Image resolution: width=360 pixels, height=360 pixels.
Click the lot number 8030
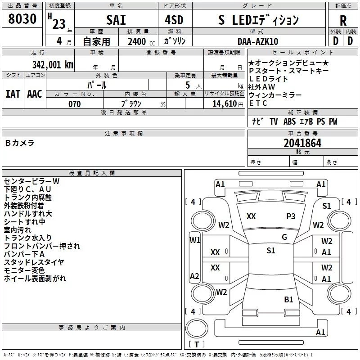pyautogui.click(x=22, y=19)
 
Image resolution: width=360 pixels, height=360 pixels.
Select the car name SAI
pyautogui.click(x=116, y=20)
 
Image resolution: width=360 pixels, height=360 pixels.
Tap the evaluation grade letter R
pyautogui.click(x=343, y=20)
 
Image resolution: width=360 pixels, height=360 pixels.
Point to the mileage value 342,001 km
pyautogui.click(x=53, y=64)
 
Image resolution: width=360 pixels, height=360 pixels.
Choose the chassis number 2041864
pyautogui.click(x=302, y=143)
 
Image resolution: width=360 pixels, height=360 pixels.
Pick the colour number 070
pyautogui.click(x=74, y=104)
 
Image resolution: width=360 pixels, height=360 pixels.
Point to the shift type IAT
pyautogui.click(x=13, y=94)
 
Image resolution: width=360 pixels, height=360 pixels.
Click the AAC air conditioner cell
pyautogui.click(x=34, y=94)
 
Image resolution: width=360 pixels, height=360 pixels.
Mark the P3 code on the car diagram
pyautogui.click(x=291, y=216)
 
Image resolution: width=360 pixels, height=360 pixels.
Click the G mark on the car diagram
pyautogui.click(x=284, y=237)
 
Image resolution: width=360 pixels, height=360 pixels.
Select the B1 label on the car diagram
pyautogui.click(x=288, y=299)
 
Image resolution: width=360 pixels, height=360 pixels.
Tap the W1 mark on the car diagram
pyautogui.click(x=194, y=240)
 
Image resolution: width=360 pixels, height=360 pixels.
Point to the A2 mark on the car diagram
pyautogui.click(x=194, y=276)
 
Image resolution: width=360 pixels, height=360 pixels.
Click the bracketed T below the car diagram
pyautogui.click(x=197, y=345)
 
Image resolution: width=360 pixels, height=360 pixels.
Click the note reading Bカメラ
pyautogui.click(x=20, y=143)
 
